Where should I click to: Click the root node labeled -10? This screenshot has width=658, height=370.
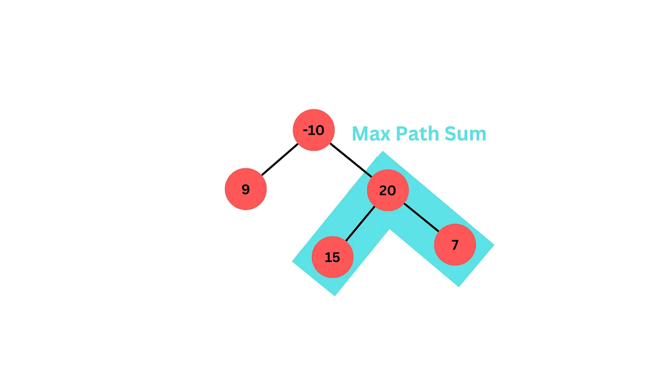314,130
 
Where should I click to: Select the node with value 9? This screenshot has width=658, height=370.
246,189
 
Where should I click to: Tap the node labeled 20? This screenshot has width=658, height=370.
388,190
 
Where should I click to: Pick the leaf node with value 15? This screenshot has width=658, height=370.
332,257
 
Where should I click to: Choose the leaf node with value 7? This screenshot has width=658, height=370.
454,245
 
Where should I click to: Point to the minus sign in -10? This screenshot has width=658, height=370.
306,130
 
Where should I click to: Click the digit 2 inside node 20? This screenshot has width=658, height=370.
383,190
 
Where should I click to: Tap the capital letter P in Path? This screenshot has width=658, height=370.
401,134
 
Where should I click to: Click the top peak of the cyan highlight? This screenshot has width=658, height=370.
383,153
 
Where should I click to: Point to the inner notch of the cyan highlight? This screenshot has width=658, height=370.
390,229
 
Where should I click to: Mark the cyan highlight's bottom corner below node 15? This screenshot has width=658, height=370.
334,295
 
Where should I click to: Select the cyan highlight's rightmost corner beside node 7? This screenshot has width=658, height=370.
493,245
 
